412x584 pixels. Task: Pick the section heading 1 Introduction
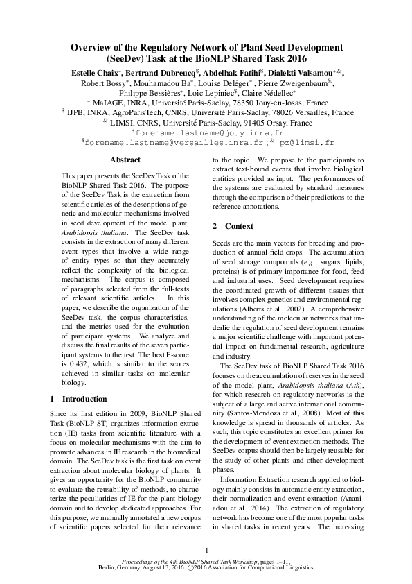tap(80, 399)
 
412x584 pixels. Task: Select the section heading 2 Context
tap(229, 226)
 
